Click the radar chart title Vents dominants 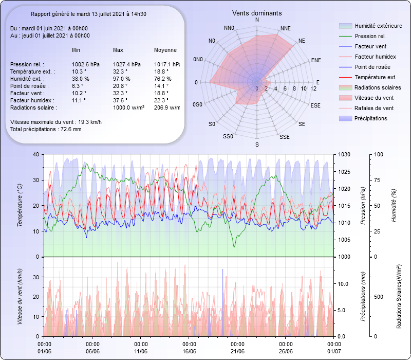(x=257, y=12)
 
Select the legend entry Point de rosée (x=372, y=67)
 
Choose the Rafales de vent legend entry (x=374, y=108)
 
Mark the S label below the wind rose (x=257, y=145)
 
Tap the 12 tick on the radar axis (x=313, y=89)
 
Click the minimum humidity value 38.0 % (x=81, y=79)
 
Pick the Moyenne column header (x=165, y=50)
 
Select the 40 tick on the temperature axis (x=35, y=154)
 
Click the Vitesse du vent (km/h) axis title (x=20, y=296)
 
